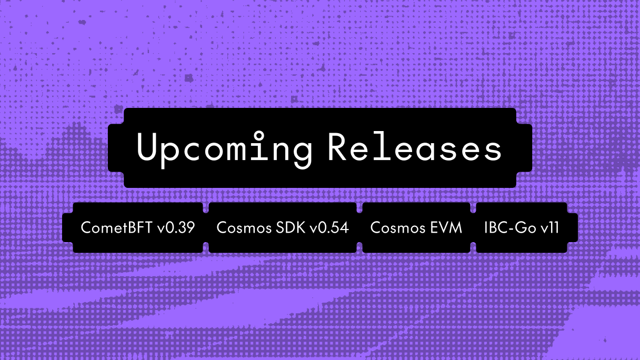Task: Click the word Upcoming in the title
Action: click(224, 148)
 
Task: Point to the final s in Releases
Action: click(492, 149)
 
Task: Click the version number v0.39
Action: click(176, 228)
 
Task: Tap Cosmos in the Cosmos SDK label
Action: click(241, 228)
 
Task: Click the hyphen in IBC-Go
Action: click(511, 229)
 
